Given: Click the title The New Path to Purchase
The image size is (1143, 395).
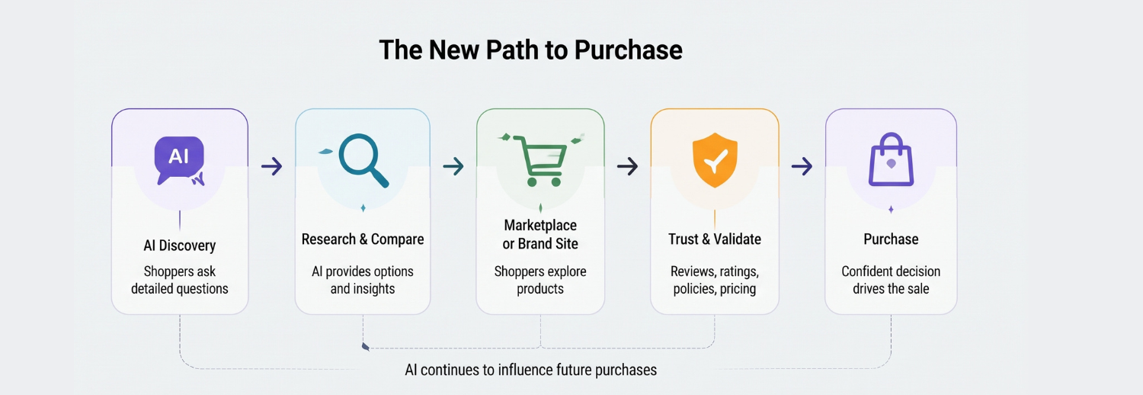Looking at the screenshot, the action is click(530, 50).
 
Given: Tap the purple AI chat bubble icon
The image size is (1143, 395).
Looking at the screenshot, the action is click(180, 160).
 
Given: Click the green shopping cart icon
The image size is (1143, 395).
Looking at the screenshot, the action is click(542, 160).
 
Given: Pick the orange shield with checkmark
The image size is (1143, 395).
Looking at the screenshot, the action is click(715, 160).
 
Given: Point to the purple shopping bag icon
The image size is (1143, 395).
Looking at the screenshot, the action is click(891, 159).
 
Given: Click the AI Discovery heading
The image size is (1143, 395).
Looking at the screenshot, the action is click(180, 246).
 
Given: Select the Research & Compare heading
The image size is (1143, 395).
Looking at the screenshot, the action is click(363, 239).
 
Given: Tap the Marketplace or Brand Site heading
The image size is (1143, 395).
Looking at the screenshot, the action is click(540, 234).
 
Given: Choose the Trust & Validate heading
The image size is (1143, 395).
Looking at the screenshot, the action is click(715, 239).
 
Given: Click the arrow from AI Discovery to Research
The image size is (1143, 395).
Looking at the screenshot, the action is click(271, 166).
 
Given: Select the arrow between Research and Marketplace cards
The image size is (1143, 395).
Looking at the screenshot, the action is click(453, 166).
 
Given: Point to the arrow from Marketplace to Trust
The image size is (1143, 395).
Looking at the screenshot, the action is click(628, 166).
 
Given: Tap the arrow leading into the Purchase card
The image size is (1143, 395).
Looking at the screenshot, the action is click(802, 166).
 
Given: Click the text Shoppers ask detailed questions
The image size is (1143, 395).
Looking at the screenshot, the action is click(180, 280).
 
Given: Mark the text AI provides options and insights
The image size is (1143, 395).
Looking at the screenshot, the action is click(363, 280).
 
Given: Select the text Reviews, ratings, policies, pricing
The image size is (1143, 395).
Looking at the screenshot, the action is click(715, 280).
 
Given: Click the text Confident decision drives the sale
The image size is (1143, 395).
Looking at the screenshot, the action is click(891, 280).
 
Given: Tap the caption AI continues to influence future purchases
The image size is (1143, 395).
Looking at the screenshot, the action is click(530, 370).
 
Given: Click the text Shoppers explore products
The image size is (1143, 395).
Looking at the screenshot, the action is click(540, 280).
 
